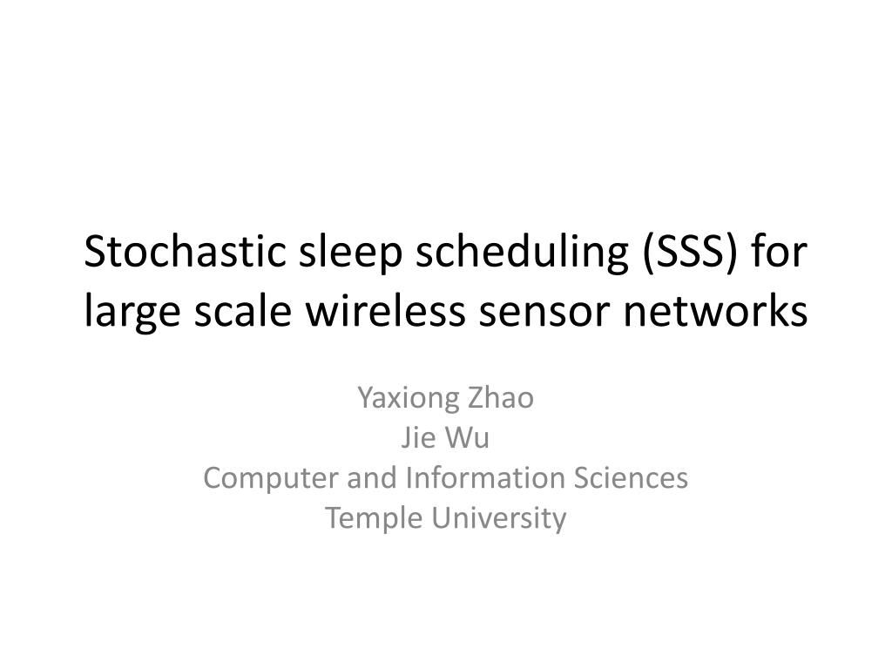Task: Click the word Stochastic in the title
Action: (185, 251)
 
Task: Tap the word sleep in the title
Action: (350, 253)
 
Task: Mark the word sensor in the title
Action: (544, 314)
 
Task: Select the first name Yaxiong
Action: (409, 399)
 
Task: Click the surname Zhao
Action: (501, 397)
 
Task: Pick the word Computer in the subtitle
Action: (271, 479)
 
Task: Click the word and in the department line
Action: (372, 477)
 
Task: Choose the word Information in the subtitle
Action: (484, 477)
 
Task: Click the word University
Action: (498, 519)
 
